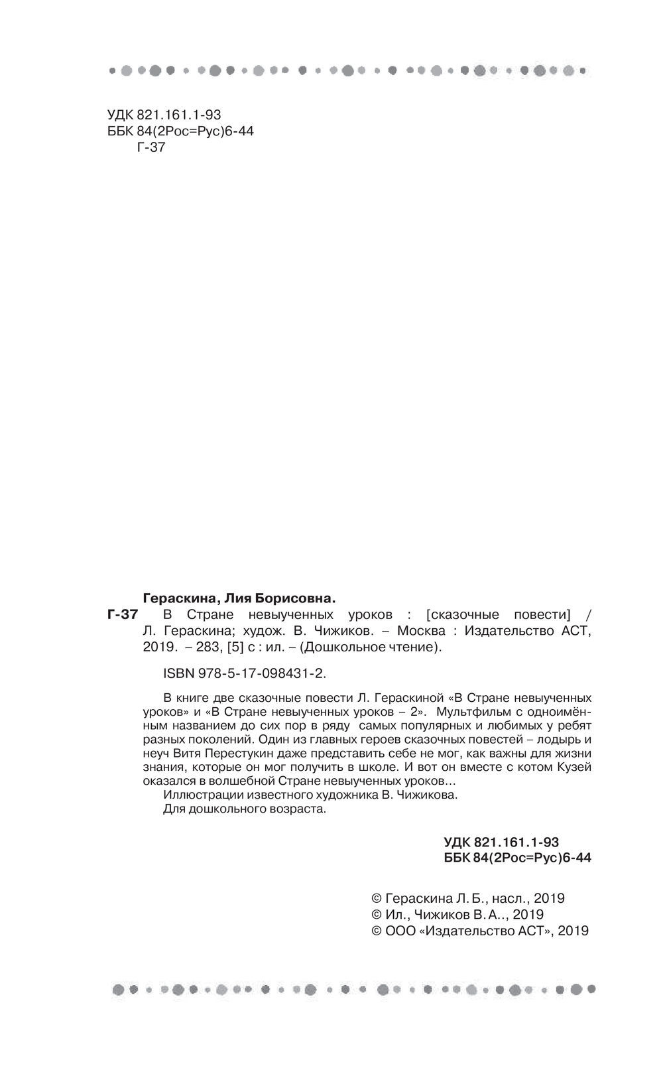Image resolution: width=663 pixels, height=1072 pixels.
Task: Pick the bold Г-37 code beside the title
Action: pyautogui.click(x=122, y=614)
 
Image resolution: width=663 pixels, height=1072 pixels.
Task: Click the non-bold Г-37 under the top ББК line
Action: pyautogui.click(x=151, y=148)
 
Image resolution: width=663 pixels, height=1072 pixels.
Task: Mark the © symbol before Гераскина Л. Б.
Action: pyautogui.click(x=376, y=899)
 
